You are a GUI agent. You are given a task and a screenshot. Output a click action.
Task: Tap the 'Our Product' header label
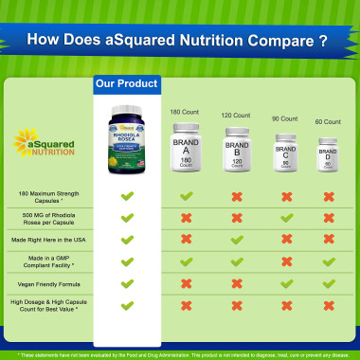pos(126,83)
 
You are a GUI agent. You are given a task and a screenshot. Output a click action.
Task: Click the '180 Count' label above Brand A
pos(184,113)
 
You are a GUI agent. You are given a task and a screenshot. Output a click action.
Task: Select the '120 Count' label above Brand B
pos(236,116)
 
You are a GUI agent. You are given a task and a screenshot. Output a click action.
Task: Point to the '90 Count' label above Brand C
pos(284,120)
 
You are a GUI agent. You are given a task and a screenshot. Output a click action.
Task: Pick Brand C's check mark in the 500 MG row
pos(285,218)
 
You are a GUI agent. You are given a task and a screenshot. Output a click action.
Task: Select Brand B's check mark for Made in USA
pos(237,239)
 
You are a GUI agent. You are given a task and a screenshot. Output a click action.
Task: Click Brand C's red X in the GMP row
pos(285,261)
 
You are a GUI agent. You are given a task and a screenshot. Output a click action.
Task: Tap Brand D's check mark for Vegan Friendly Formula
pos(328,282)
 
